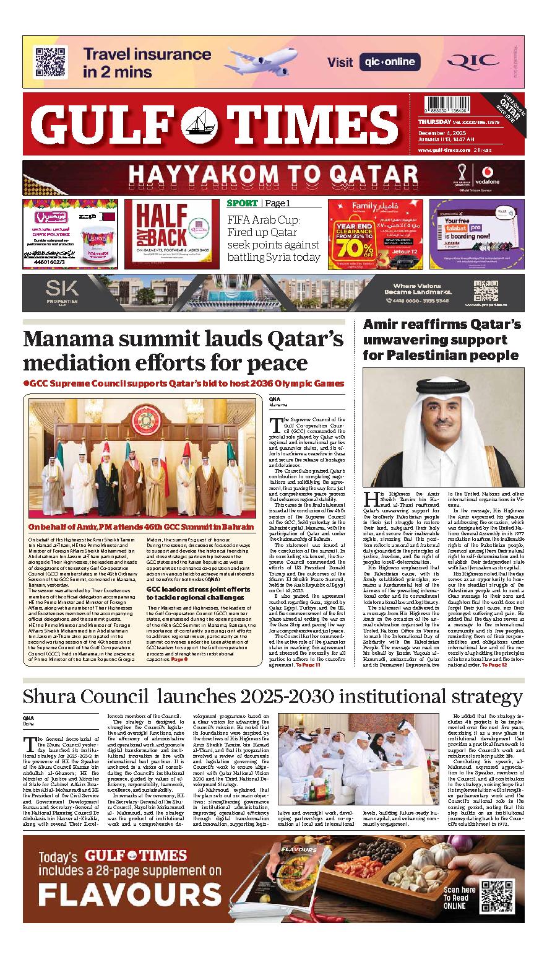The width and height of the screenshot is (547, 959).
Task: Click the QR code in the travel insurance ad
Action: tap(50, 62)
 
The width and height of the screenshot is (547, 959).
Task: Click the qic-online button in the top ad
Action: tap(389, 62)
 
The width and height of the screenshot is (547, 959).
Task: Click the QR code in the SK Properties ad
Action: tap(486, 292)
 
